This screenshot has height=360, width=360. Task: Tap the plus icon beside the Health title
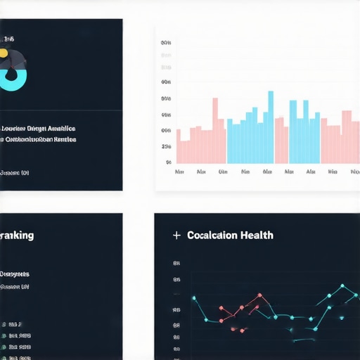coord(176,236)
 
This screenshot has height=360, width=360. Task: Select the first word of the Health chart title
coord(212,236)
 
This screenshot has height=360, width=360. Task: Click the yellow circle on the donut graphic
coord(4,53)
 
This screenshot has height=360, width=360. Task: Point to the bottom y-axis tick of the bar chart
coord(168,162)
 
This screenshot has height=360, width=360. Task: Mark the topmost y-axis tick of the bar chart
coord(166,43)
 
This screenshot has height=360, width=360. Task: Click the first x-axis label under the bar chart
coord(179,172)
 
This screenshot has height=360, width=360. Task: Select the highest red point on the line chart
coord(258,295)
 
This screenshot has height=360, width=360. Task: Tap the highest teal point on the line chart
coord(342,286)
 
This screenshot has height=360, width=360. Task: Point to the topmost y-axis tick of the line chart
coord(176,264)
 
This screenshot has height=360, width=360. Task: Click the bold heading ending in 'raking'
coord(17,236)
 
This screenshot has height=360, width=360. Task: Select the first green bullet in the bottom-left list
coord(5,325)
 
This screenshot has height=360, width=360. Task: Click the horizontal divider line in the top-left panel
coord(61,111)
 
